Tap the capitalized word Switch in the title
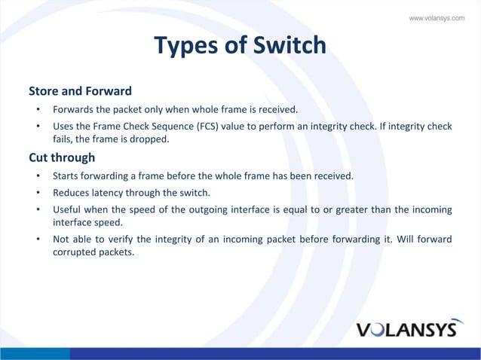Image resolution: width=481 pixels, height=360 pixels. (290, 46)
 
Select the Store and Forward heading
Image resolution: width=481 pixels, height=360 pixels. (80, 91)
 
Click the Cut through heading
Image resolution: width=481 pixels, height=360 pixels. (62, 157)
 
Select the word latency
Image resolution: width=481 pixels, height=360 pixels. (109, 192)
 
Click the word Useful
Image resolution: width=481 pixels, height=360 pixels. (68, 209)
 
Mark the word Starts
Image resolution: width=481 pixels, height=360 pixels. (66, 175)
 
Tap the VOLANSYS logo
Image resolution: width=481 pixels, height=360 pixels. (406, 329)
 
